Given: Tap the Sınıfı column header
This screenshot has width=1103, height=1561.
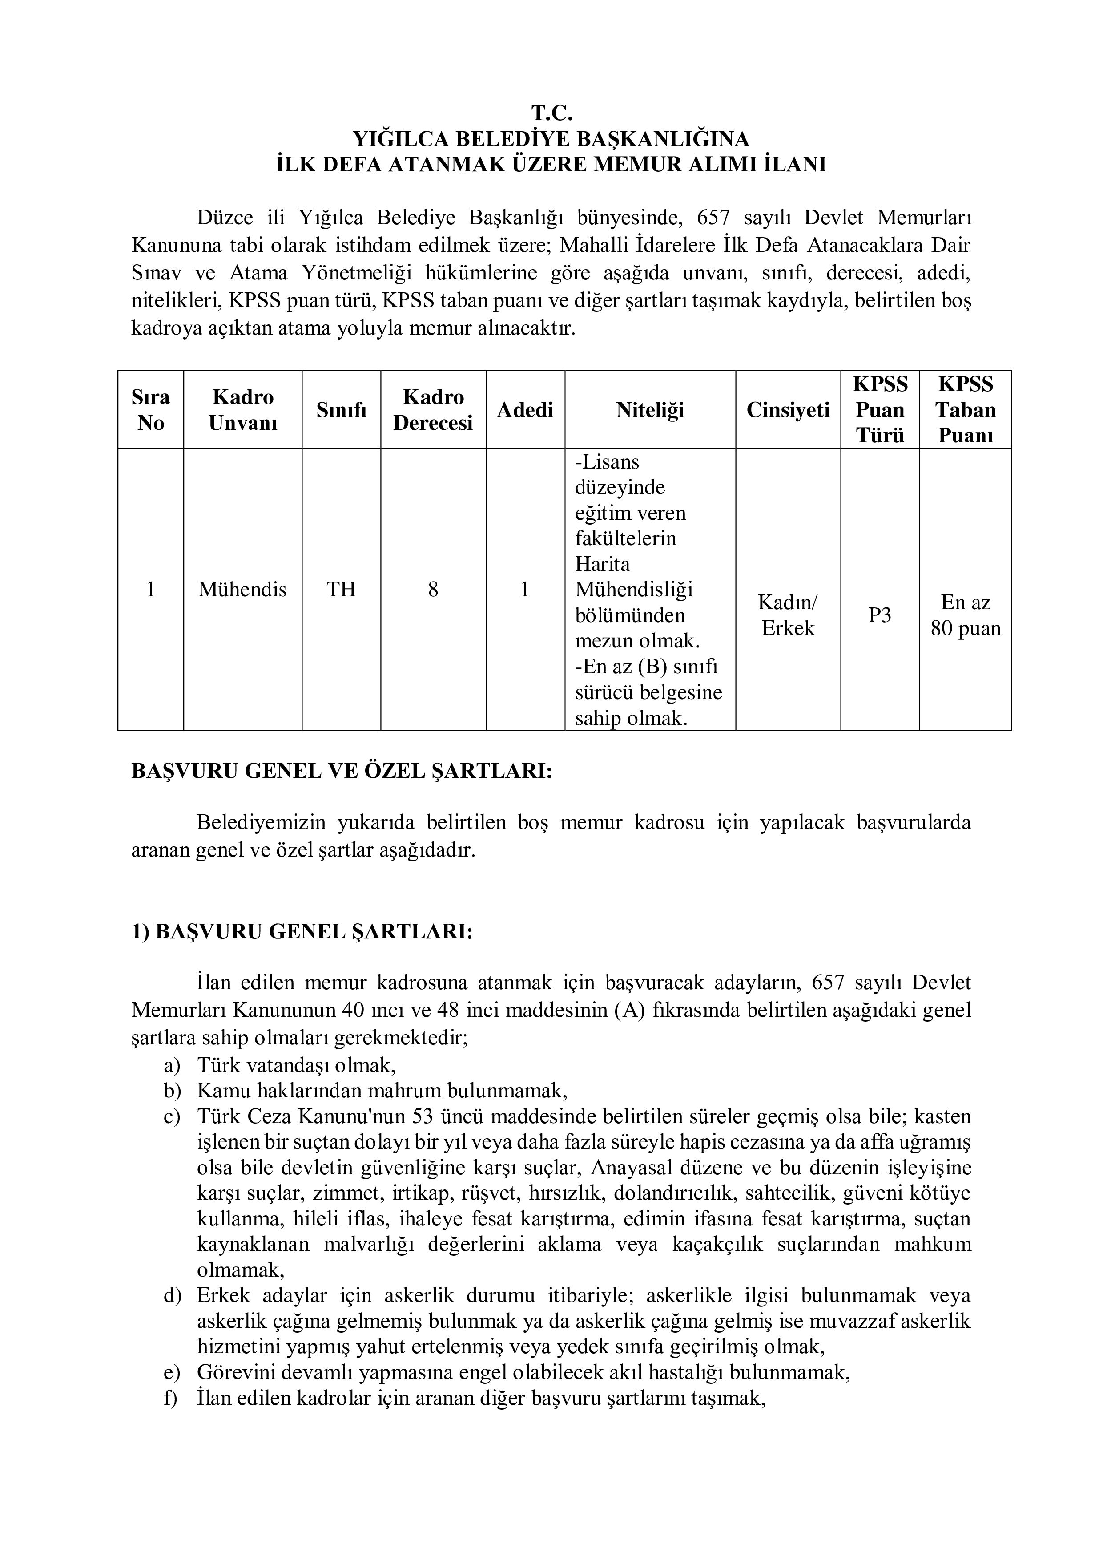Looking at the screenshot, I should pos(341,410).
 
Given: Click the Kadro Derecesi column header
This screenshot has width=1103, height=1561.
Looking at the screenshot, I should pos(433,410).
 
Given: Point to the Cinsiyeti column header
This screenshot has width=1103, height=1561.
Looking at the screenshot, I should pos(788,410).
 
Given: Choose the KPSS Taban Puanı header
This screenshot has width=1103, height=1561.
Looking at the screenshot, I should pos(965,410).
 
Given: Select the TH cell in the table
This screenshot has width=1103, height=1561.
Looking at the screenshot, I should pos(341,590).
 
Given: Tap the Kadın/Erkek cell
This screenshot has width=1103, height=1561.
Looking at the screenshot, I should pos(788,615).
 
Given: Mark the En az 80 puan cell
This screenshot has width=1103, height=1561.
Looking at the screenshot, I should pos(965,615).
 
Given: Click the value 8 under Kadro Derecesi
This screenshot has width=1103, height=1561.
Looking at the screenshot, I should pos(433,590).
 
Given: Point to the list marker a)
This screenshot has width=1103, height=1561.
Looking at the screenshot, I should pos(172,1065).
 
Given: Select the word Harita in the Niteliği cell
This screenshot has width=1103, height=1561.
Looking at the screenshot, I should pos(602,564).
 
